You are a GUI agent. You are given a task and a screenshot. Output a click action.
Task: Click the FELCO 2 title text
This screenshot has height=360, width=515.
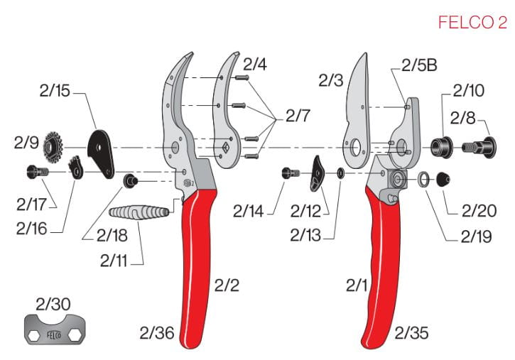(472, 22)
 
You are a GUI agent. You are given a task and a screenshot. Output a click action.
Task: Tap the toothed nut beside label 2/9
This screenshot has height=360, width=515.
(53, 147)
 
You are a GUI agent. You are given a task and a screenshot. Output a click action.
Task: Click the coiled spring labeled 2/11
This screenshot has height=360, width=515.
(139, 212)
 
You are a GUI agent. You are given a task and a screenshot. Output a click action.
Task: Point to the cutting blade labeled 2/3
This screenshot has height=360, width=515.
(357, 111)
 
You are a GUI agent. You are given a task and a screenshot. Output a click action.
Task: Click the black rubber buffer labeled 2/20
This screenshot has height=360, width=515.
(443, 179)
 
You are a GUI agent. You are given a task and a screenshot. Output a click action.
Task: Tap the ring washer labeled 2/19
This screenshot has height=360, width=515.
(423, 180)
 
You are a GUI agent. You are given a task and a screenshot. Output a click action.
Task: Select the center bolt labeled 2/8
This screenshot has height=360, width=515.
(479, 148)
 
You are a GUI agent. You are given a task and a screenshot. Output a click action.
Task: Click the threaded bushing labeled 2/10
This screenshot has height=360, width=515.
(442, 147)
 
